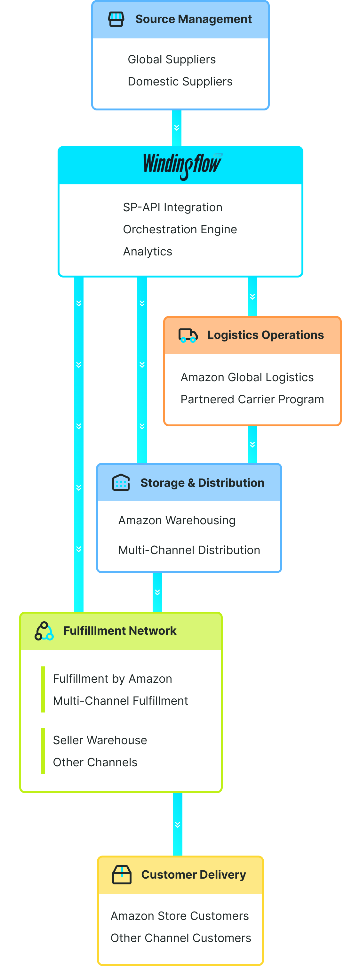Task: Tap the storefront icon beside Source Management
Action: point(116,19)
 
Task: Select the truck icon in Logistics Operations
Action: point(188,335)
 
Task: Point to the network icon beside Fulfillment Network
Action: point(44,631)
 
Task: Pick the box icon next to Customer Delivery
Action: point(122,874)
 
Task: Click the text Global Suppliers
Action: point(172,60)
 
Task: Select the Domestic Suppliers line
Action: point(180,82)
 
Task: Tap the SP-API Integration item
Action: point(172,207)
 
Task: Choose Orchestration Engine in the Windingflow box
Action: point(180,229)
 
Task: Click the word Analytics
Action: point(148,252)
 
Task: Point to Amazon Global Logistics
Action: point(247,377)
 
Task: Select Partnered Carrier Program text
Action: point(252,399)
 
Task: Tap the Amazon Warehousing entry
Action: point(177,520)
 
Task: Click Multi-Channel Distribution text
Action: point(189,550)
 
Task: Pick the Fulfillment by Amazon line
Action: point(113,679)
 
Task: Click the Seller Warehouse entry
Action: point(100,740)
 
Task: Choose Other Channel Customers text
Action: point(181,938)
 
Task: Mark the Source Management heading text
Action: point(194,19)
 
